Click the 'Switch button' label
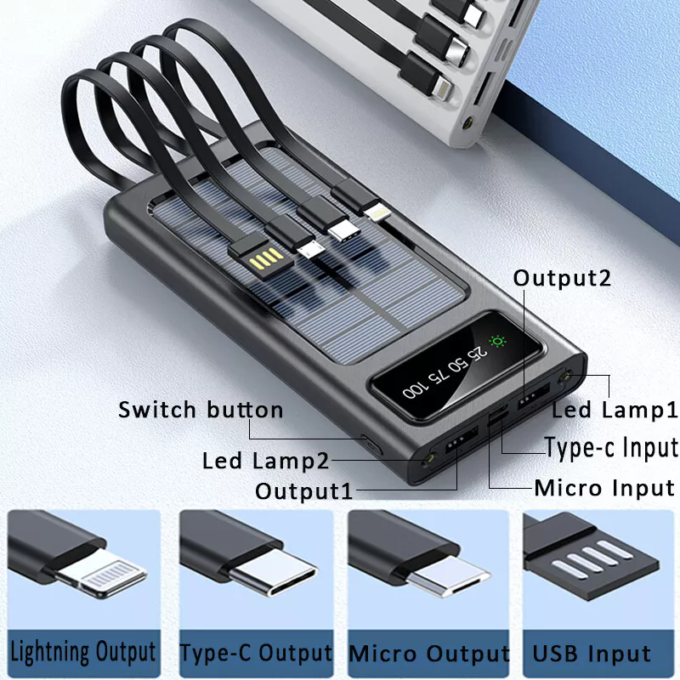(201, 410)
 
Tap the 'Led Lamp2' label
(265, 461)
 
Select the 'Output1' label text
(303, 490)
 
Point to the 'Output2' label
(563, 278)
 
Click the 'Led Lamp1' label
(615, 410)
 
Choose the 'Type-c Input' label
(611, 447)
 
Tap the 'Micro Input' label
(603, 488)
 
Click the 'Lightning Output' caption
(82, 652)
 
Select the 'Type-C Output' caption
(255, 653)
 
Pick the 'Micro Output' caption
(429, 654)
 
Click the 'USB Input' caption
(592, 654)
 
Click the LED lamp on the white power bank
(467, 126)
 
